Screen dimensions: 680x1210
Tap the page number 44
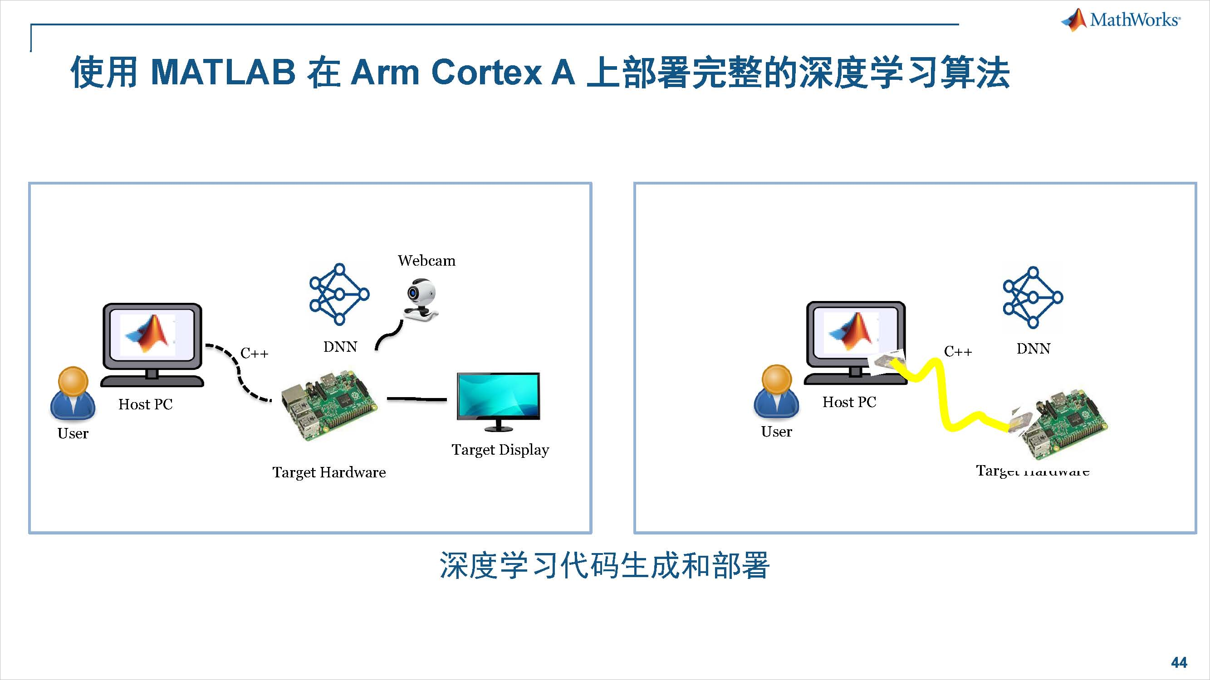click(x=1179, y=662)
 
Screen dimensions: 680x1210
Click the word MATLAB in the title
click(x=223, y=73)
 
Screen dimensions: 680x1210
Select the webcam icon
click(x=421, y=301)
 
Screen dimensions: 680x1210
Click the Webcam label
click(x=426, y=261)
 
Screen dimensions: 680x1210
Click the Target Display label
click(x=500, y=450)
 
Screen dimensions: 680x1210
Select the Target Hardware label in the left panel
click(x=329, y=472)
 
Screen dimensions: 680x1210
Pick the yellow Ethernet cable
click(x=944, y=399)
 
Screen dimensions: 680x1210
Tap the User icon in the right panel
click(x=776, y=391)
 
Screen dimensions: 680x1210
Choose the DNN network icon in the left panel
click(x=339, y=294)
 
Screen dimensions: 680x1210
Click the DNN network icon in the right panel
click(x=1033, y=297)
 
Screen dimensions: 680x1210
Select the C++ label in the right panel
click(x=958, y=351)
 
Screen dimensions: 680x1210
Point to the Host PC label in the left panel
click(x=146, y=404)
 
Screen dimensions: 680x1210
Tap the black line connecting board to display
click(x=416, y=399)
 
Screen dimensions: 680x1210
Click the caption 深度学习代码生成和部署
click(x=604, y=565)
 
